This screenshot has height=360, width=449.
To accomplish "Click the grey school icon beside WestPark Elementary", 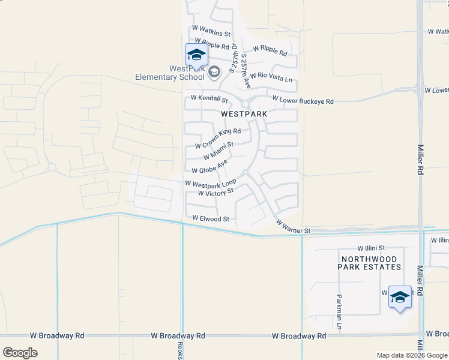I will [x=214, y=73].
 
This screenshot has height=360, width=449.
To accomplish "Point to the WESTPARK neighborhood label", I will [x=244, y=113].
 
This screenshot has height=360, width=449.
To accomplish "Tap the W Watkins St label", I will [x=211, y=31].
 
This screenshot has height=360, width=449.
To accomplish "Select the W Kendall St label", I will [x=209, y=98].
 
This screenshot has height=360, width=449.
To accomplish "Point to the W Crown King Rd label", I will [x=218, y=137].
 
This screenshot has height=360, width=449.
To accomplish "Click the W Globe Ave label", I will [x=210, y=166].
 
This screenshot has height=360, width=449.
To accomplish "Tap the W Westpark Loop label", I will [x=211, y=183].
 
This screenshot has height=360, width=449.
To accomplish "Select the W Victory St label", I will [x=215, y=193].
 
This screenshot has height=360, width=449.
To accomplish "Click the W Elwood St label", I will [x=210, y=219].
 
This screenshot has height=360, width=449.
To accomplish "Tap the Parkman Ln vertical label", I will [x=340, y=311].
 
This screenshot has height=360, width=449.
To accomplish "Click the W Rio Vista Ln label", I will [x=271, y=77].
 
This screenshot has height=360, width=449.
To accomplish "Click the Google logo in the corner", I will [x=20, y=352].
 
